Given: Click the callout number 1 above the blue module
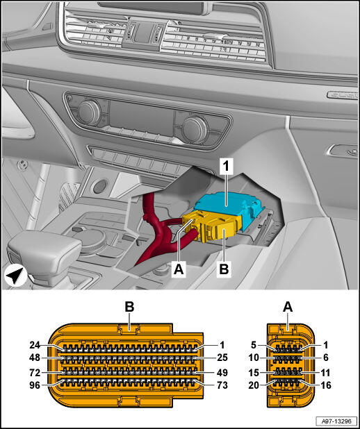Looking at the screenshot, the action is coord(227,167).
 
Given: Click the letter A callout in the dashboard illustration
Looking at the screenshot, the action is coord(179,269).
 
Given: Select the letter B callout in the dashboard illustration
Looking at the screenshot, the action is coord(224,269).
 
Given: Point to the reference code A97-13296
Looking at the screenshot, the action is coord(336,421).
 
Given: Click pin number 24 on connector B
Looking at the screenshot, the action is coord(35,345).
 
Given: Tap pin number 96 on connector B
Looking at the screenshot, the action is coord(35,385).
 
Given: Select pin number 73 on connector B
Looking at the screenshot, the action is coord(222,385).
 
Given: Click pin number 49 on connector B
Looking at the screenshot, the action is coord(222,373).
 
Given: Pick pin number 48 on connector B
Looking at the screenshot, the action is coord(35,357).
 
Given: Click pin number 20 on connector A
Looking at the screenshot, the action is coord(254,385).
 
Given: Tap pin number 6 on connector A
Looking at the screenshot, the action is coord(326,357).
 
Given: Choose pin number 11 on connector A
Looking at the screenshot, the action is coord(326,373).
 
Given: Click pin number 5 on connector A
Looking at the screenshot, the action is coord(254,345).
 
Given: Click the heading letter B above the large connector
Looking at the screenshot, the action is coord(129,307).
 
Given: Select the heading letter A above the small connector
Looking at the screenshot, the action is coord(288,307).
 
